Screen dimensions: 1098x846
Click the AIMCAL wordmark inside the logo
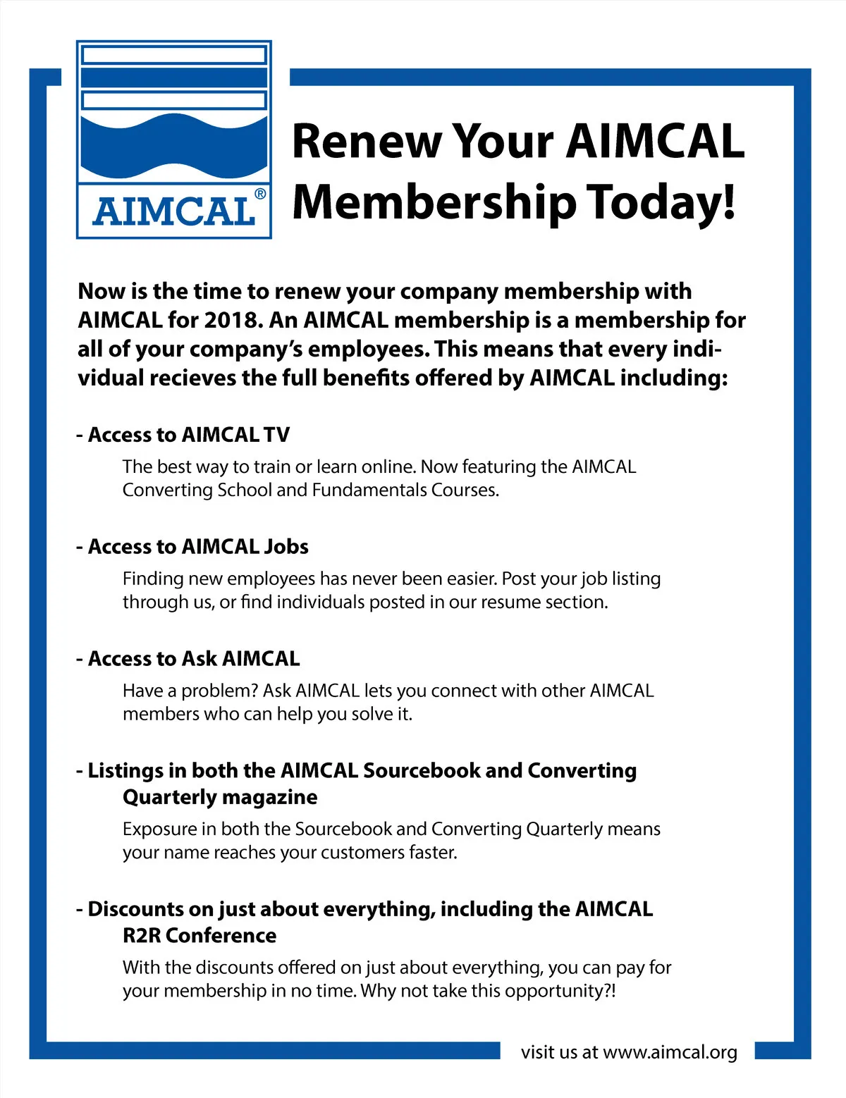point(173,212)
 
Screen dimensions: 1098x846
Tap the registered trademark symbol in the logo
point(260,194)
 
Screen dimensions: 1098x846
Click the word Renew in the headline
point(367,141)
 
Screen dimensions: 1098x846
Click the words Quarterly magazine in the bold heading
point(220,797)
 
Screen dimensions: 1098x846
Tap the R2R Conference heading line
point(200,935)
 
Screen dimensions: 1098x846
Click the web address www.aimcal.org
point(670,1052)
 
